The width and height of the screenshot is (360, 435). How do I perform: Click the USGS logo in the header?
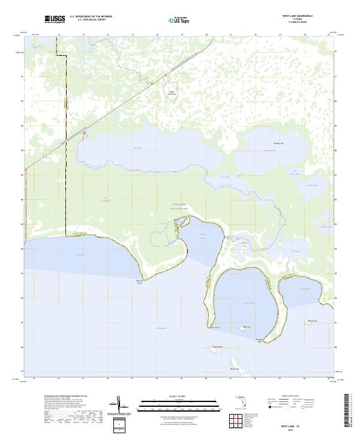[x=55, y=20]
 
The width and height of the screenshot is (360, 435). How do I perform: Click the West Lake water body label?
[x=138, y=148]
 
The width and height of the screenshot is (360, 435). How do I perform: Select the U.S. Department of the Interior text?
[x=91, y=16]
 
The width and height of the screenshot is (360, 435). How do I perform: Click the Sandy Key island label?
[x=217, y=347]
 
